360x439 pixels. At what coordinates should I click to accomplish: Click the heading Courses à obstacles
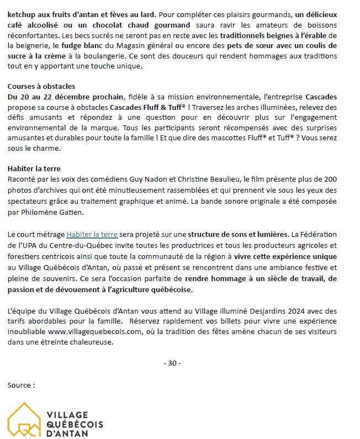click(x=41, y=87)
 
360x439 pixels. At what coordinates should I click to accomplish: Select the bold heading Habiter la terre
click(x=34, y=168)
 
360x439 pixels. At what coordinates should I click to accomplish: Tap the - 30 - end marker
click(x=172, y=363)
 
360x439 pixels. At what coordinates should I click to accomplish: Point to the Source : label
click(x=21, y=385)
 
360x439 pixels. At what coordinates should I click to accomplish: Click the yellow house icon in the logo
click(x=25, y=421)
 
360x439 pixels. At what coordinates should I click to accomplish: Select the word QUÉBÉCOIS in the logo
click(x=75, y=424)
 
